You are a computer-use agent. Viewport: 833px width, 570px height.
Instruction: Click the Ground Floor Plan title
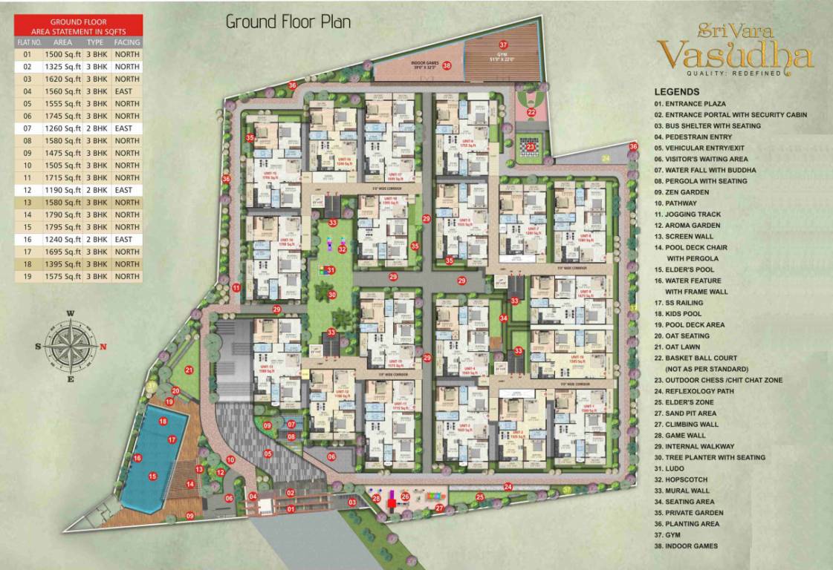[288, 21]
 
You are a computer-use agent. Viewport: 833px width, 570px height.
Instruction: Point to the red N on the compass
[103, 347]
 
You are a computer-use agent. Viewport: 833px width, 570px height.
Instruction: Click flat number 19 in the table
[27, 276]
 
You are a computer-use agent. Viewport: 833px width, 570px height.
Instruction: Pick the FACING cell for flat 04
[127, 91]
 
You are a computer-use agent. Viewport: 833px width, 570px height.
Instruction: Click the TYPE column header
[97, 42]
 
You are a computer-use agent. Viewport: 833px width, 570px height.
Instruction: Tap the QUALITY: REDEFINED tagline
[734, 74]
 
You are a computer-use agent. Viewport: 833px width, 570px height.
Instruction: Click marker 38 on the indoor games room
[447, 65]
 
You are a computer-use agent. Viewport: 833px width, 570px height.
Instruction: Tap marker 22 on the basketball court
[531, 112]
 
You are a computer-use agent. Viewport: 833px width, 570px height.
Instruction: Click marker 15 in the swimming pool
[152, 476]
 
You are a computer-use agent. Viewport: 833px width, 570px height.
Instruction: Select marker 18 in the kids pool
[163, 422]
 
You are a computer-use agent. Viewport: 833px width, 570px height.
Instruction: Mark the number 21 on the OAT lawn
[189, 370]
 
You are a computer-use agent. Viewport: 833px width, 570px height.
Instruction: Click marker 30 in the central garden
[332, 295]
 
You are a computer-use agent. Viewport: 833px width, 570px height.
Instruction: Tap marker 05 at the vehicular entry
[268, 453]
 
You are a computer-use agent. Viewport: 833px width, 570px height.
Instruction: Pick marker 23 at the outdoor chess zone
[531, 147]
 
